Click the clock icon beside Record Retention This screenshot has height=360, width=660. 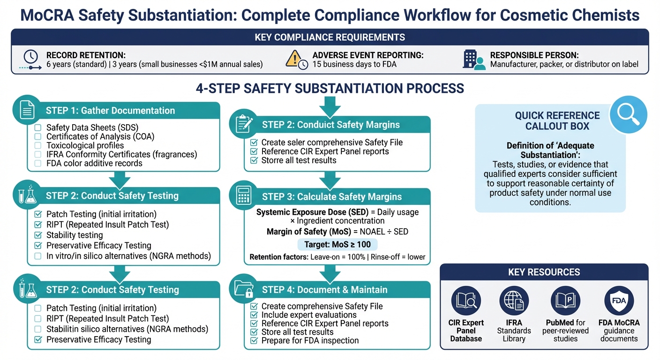30,57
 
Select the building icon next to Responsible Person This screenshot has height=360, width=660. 473,60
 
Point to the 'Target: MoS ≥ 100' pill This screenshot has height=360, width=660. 337,244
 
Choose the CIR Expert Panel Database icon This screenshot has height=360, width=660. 466,300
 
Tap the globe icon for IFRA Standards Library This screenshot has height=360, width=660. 514,300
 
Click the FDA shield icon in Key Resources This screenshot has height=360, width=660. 619,300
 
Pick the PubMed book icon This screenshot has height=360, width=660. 565,300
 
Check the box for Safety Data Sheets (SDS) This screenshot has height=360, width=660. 38,127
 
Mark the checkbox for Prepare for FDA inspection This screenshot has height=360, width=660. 254,341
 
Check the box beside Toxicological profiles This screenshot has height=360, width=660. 38,145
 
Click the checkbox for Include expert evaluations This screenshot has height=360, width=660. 254,315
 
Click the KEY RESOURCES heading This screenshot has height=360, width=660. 544,272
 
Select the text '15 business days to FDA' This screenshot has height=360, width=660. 354,64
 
